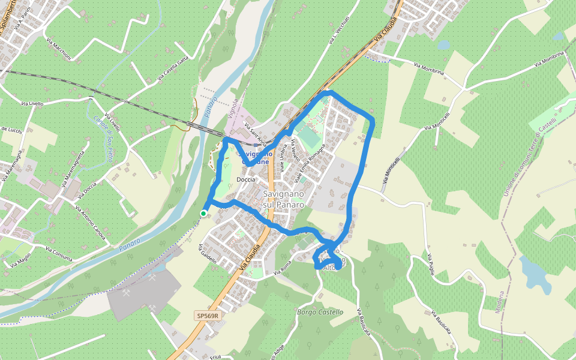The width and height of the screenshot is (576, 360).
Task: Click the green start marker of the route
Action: (203, 213)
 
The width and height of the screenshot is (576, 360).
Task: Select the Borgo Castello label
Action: (320, 312)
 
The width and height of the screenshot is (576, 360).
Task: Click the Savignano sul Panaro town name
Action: (284, 199)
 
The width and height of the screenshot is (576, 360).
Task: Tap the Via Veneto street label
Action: (295, 150)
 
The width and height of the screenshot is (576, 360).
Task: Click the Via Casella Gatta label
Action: (173, 67)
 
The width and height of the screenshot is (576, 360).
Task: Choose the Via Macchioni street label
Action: (59, 49)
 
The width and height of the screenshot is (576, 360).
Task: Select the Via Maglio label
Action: (21, 261)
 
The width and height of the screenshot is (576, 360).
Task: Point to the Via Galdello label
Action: (207, 254)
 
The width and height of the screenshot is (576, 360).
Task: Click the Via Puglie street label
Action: (431, 264)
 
